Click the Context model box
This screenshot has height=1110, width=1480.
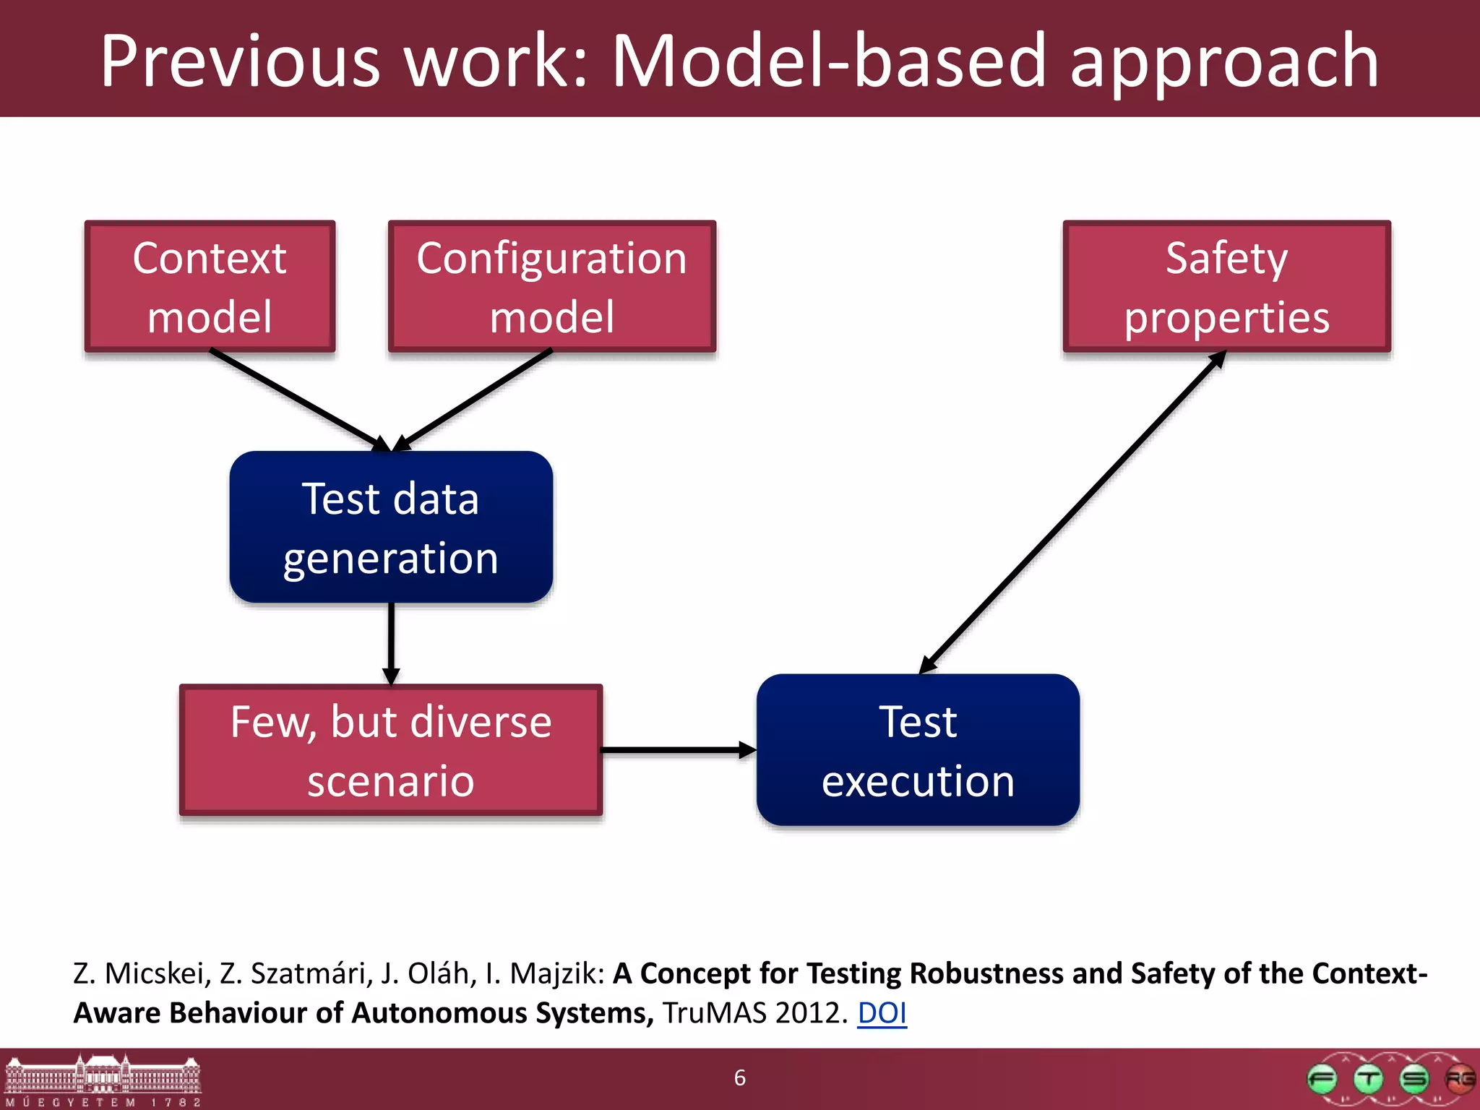[210, 286]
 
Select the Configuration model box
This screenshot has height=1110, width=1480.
[552, 286]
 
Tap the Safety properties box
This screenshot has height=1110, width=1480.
[1226, 286]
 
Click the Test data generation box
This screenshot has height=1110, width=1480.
[391, 527]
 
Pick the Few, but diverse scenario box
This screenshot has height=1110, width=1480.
[391, 750]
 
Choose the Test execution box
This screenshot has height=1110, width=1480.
[918, 750]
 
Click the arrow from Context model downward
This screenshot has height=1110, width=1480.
[296, 398]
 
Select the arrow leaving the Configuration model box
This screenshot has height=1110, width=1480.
[473, 398]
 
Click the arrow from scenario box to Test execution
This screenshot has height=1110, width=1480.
[676, 750]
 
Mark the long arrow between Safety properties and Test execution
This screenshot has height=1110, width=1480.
[1073, 512]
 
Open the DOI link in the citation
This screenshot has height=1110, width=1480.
[882, 1013]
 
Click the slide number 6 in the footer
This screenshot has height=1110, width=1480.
[740, 1077]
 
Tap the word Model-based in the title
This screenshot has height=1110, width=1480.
[830, 61]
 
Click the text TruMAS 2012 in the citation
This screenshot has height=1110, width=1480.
[754, 1013]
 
